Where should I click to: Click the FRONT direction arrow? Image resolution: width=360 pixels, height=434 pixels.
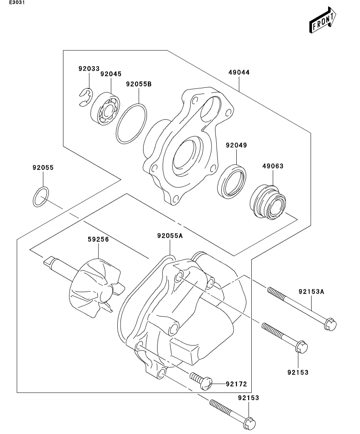(x=323, y=20)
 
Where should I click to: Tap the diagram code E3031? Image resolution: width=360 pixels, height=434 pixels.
(x=17, y=2)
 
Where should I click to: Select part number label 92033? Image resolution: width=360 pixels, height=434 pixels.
(x=89, y=68)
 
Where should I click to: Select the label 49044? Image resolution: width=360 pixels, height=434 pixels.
(x=239, y=72)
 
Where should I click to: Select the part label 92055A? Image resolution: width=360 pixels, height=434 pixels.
(x=170, y=236)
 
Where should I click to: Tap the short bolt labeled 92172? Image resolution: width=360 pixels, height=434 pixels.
(x=201, y=380)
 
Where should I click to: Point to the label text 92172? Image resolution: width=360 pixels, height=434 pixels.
(x=236, y=384)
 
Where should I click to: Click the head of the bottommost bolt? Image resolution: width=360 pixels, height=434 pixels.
(x=249, y=423)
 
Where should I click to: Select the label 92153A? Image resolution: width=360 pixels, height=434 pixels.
(x=311, y=292)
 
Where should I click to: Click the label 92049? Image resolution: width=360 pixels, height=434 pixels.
(x=236, y=145)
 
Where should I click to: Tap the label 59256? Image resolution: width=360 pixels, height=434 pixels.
(x=98, y=239)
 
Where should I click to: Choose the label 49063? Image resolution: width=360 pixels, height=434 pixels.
(x=273, y=166)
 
